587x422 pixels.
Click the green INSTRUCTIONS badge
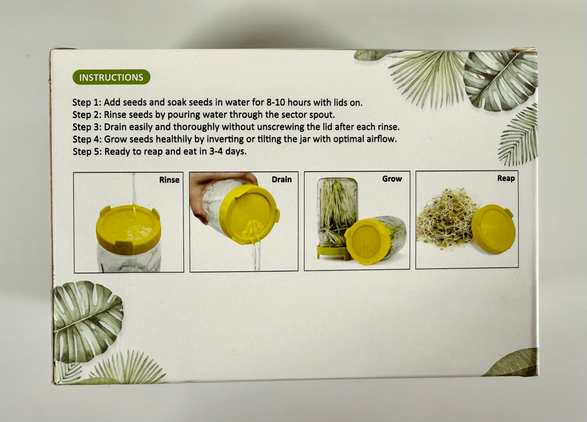tap(111, 77)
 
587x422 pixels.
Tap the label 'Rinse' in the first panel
tap(169, 180)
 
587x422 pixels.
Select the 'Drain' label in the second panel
tap(282, 180)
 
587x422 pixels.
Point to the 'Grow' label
tap(392, 178)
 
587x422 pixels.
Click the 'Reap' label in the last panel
tap(505, 178)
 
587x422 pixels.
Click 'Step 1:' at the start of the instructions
tap(87, 102)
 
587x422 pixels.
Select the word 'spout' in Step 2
tap(322, 115)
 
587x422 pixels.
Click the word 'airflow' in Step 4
tap(383, 139)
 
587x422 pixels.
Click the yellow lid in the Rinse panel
tap(128, 229)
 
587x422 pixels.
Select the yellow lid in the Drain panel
tap(249, 214)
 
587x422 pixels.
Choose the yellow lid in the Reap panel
tap(493, 229)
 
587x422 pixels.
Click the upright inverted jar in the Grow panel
tap(337, 213)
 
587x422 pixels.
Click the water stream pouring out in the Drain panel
tap(256, 256)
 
